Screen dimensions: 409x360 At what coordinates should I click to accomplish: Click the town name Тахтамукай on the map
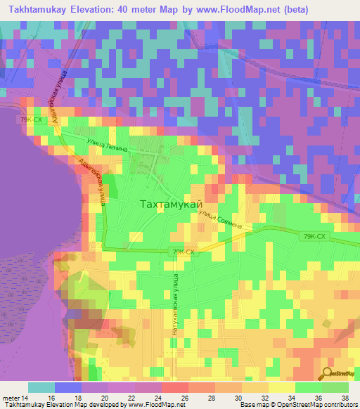(169, 204)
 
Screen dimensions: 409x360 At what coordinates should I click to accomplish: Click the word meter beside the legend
(11, 397)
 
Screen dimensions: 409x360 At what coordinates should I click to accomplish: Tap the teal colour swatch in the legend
(41, 387)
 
